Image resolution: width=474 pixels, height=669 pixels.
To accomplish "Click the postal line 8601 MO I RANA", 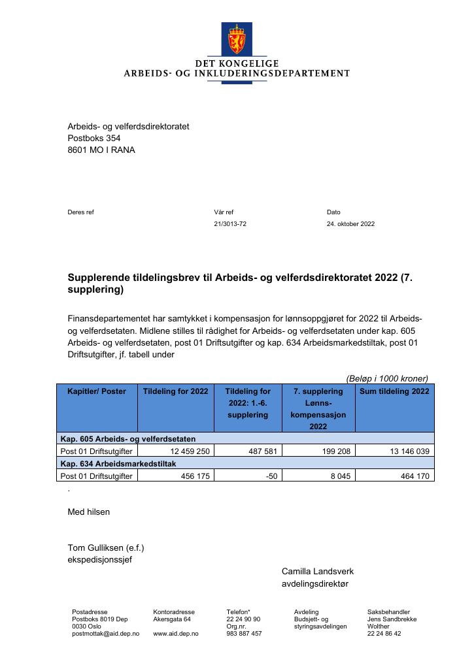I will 102,150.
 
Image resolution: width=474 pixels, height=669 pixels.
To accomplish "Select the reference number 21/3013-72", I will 230,224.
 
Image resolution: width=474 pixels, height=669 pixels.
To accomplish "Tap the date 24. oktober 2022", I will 350,224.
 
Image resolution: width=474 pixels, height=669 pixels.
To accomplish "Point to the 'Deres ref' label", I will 81,212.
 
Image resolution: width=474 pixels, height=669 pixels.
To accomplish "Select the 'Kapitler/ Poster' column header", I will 96,391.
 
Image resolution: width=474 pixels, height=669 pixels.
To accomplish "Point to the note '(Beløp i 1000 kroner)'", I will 387,378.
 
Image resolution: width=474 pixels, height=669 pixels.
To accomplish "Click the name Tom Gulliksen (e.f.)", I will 106,547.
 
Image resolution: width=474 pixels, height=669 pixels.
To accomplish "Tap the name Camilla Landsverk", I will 317,571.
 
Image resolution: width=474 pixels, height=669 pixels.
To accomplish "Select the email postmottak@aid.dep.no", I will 105,634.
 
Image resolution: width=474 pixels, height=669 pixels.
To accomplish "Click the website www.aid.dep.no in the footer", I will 175,634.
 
